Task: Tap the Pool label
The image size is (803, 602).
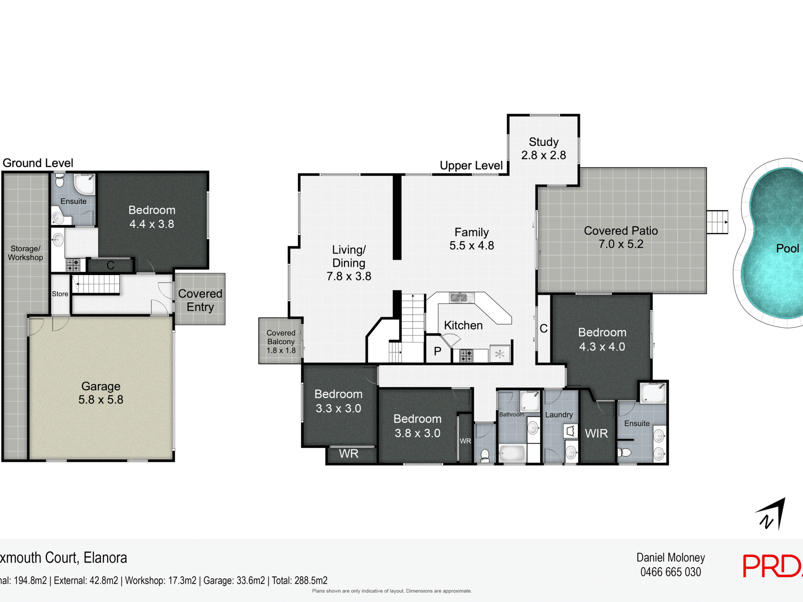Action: click(x=787, y=248)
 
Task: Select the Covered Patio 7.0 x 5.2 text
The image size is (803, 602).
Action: click(x=621, y=237)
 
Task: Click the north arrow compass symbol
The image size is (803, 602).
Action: click(x=772, y=514)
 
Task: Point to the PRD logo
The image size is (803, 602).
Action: click(x=772, y=566)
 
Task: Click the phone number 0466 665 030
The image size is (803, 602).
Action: click(x=670, y=572)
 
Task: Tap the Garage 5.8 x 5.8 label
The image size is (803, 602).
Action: click(x=101, y=393)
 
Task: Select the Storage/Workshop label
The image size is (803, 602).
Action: click(x=26, y=253)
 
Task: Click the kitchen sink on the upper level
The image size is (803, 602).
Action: click(x=461, y=298)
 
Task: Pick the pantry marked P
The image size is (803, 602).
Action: click(x=437, y=351)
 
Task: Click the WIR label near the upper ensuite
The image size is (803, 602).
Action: click(x=596, y=434)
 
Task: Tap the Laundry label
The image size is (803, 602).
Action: click(x=559, y=415)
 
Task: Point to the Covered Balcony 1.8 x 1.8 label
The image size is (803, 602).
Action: click(x=281, y=342)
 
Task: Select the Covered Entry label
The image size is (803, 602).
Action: click(x=200, y=300)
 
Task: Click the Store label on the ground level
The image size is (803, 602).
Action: click(x=60, y=294)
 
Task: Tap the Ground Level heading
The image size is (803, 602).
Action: click(x=38, y=163)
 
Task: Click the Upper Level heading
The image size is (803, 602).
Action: click(x=471, y=166)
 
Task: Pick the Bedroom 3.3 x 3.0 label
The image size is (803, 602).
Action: click(x=338, y=401)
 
